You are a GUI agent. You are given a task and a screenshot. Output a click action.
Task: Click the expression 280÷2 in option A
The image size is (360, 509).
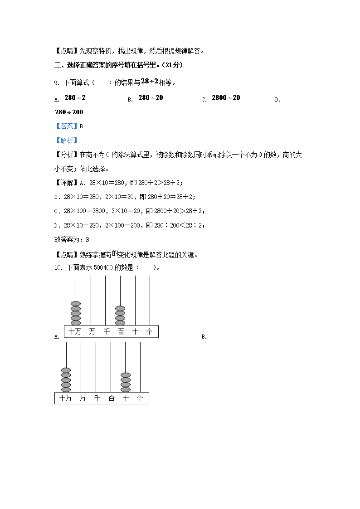pyautogui.click(x=75, y=98)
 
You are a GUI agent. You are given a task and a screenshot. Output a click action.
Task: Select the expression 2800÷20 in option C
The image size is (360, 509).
pyautogui.click(x=226, y=98)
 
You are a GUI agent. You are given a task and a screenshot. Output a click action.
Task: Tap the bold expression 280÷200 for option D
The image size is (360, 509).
pyautogui.click(x=69, y=112)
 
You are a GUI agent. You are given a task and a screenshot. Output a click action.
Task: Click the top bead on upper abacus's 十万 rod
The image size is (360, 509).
pyautogui.click(x=76, y=304)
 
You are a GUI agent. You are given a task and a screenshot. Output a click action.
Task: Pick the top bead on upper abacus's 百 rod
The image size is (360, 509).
pyautogui.click(x=120, y=309)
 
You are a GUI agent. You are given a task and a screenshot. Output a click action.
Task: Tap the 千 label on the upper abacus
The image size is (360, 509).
pyautogui.click(x=107, y=332)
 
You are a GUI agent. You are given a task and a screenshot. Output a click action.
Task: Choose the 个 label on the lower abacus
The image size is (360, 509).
pyautogui.click(x=140, y=398)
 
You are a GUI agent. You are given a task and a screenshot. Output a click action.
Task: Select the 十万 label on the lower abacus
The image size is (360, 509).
pyautogui.click(x=65, y=398)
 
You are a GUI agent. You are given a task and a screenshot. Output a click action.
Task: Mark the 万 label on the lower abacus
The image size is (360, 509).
pyautogui.click(x=82, y=398)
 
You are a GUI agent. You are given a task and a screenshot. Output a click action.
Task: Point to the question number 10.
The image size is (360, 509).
pyautogui.click(x=58, y=267)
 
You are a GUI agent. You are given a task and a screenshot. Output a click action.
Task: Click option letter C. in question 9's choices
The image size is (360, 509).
pyautogui.click(x=204, y=100)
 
